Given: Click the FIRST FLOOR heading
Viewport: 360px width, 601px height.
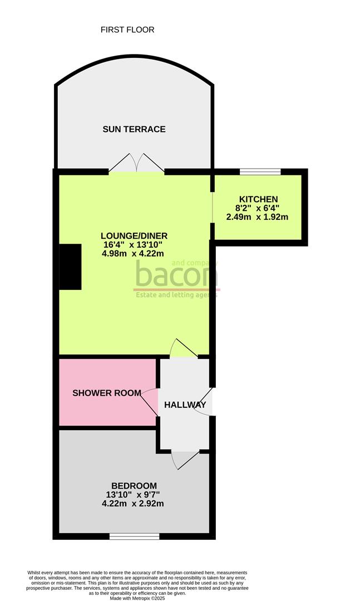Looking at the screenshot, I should pyautogui.click(x=127, y=29).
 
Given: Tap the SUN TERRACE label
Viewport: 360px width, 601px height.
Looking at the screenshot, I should pyautogui.click(x=134, y=129).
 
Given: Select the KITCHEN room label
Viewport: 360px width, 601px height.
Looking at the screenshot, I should pyautogui.click(x=258, y=199).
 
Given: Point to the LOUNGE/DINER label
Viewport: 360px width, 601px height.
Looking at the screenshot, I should pyautogui.click(x=134, y=235).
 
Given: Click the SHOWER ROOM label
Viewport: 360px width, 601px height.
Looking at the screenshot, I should pyautogui.click(x=107, y=392).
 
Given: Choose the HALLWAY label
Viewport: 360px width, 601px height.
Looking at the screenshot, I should pyautogui.click(x=185, y=405).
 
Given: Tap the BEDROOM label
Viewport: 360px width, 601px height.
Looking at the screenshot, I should pyautogui.click(x=134, y=485).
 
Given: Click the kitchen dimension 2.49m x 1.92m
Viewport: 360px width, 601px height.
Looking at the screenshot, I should pyautogui.click(x=258, y=217).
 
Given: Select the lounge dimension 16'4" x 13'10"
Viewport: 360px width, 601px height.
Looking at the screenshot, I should pyautogui.click(x=134, y=244).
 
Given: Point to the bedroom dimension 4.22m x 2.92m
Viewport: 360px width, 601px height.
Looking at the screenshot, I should pyautogui.click(x=134, y=504).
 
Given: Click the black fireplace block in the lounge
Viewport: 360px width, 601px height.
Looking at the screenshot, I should pyautogui.click(x=71, y=267).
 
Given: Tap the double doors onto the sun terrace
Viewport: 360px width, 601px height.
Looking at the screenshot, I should pyautogui.click(x=137, y=164).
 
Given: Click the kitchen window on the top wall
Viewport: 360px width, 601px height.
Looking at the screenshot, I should pyautogui.click(x=260, y=171).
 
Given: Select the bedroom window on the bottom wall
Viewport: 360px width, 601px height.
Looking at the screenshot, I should pyautogui.click(x=134, y=536).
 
